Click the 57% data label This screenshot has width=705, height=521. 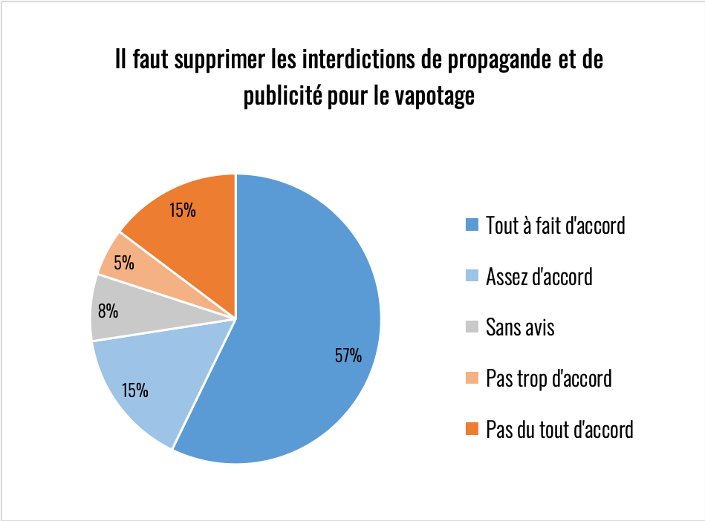point(348,355)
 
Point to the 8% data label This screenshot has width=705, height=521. point(108,311)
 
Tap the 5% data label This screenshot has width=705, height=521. point(124,262)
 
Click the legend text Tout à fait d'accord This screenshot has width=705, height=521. point(555,225)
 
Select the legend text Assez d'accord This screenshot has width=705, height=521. point(539,276)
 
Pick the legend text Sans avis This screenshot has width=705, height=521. point(520,327)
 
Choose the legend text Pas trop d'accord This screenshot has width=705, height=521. point(548,378)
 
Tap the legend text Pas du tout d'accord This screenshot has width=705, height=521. point(559,429)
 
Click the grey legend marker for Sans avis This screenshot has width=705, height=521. point(471,327)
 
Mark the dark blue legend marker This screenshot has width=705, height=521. point(471,225)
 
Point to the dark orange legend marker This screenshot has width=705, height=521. point(471,429)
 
